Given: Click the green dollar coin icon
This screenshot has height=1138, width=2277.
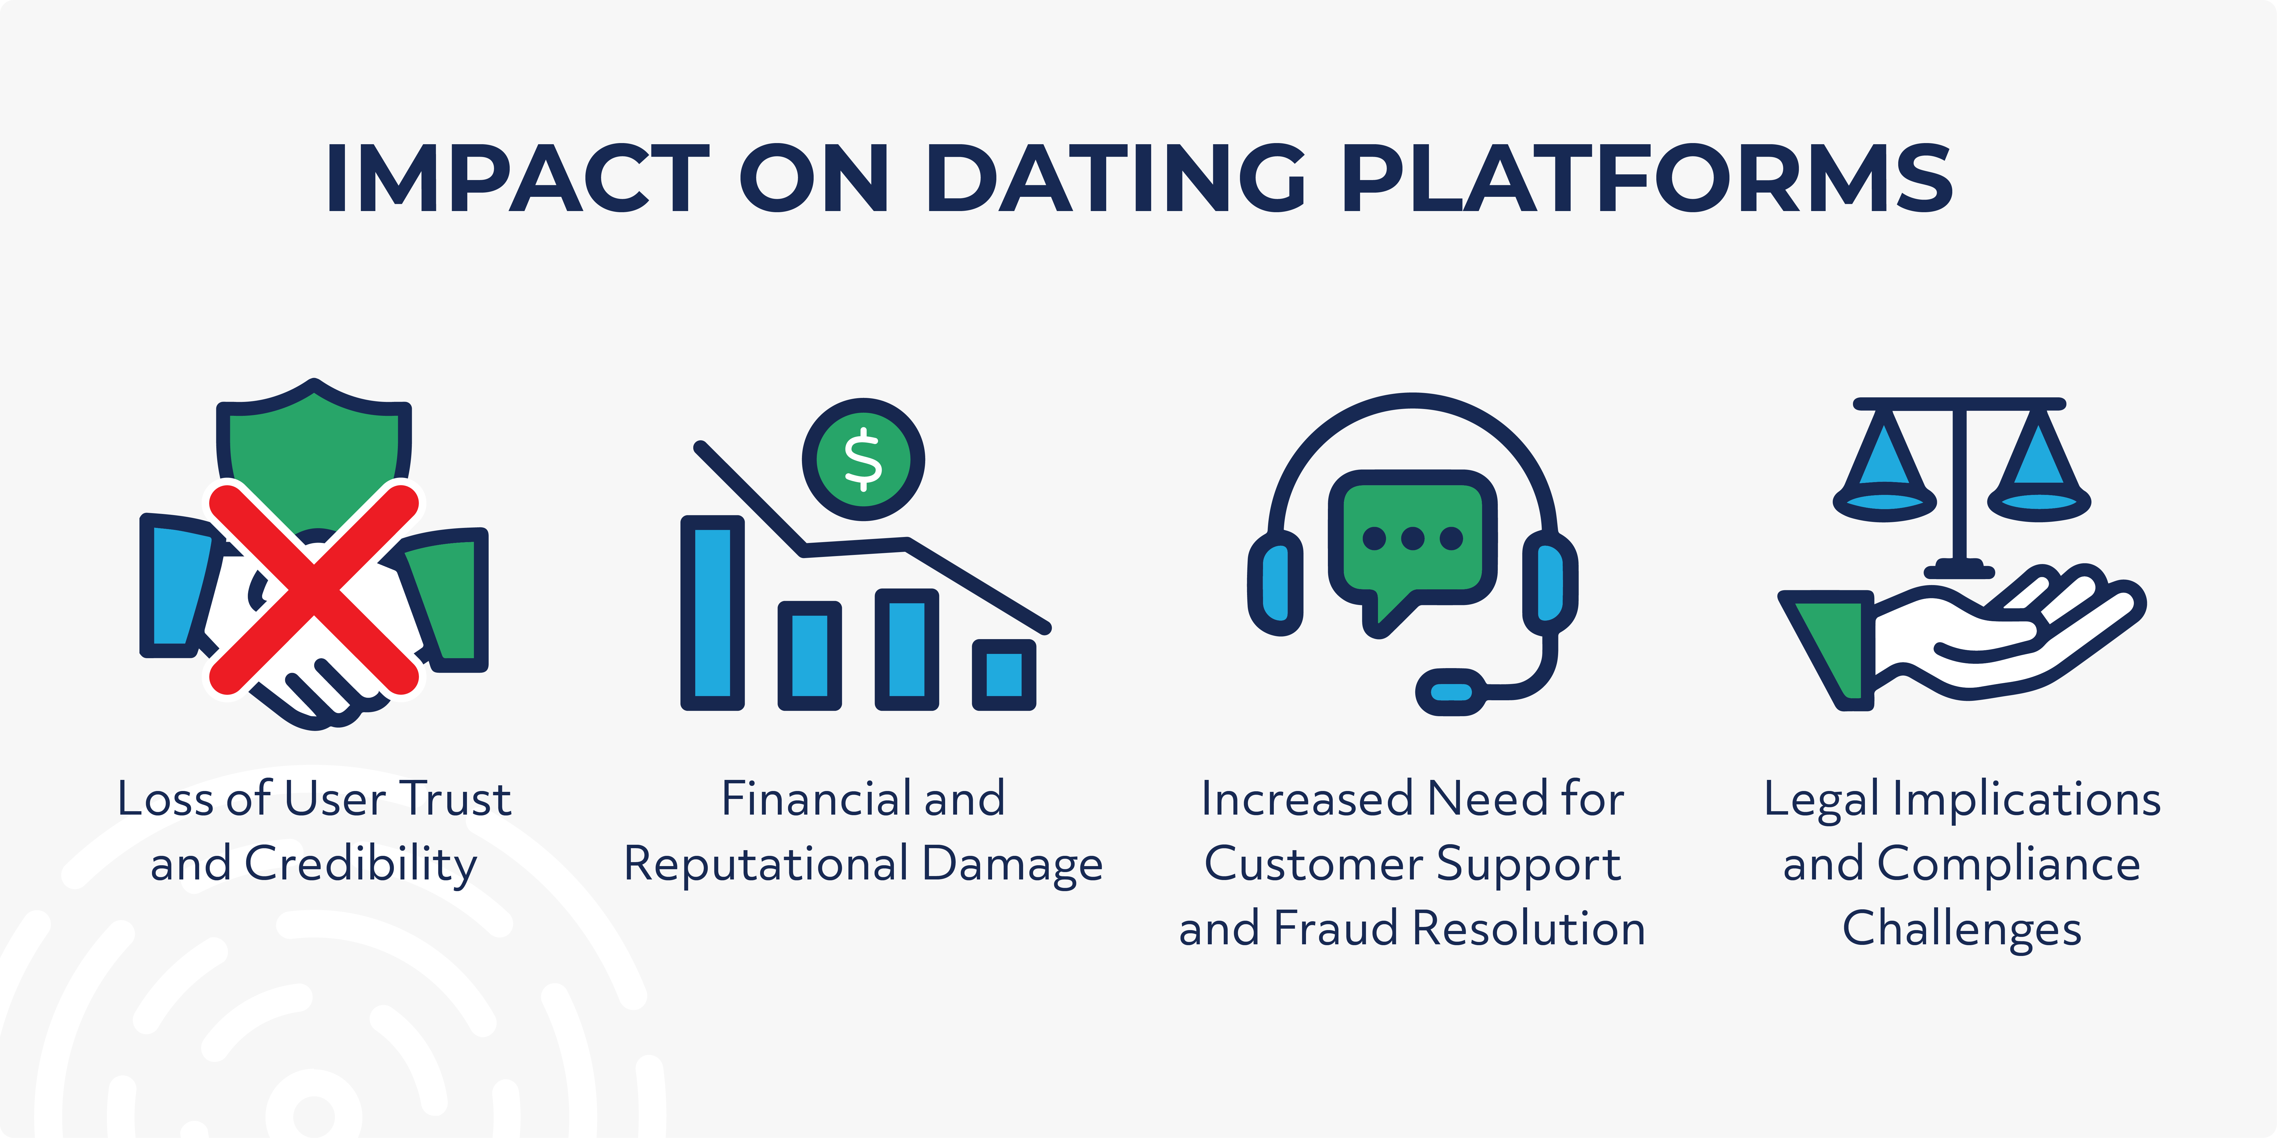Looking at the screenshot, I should click(863, 459).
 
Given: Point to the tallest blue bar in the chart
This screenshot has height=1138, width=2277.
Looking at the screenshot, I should click(712, 612).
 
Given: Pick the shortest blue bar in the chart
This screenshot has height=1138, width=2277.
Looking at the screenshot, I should click(1003, 674).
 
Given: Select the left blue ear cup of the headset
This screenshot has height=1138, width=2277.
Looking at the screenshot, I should click(1276, 583).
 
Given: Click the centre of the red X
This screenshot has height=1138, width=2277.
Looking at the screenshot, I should click(314, 588).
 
